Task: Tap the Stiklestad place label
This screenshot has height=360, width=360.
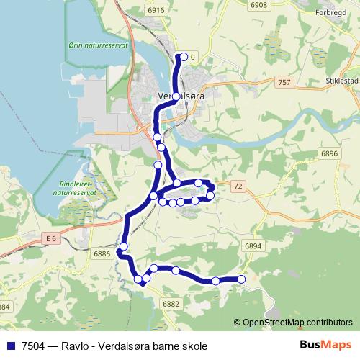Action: [342, 81]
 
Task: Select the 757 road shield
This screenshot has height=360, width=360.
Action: [284, 84]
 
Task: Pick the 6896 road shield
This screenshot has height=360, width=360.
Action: [330, 153]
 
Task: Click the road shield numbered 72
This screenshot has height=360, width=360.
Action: [239, 186]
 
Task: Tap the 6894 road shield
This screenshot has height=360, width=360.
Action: [253, 246]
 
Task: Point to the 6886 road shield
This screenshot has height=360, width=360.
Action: [102, 253]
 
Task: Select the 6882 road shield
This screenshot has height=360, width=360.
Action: [171, 305]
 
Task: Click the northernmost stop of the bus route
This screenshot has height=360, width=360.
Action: [184, 56]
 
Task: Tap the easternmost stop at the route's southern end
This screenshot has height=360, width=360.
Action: [241, 279]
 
